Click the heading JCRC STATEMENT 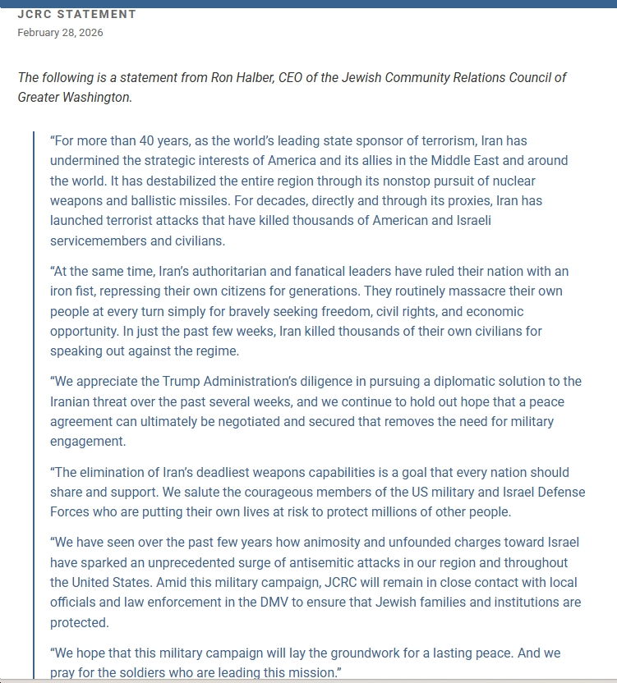point(77,15)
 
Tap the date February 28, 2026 point(60,33)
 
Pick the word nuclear point(511,180)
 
